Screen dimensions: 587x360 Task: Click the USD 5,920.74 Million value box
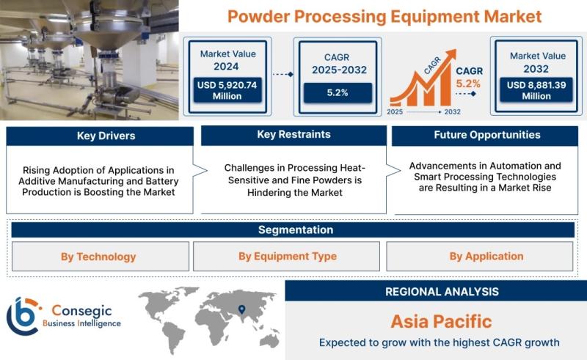[x=227, y=90]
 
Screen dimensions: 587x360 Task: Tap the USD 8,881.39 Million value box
[x=536, y=89]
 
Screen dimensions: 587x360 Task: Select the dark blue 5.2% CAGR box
[x=338, y=93]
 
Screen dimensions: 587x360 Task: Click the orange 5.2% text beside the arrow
[x=468, y=84]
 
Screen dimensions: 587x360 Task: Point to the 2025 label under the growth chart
[x=395, y=112]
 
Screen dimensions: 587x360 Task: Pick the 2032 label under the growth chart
[x=452, y=112]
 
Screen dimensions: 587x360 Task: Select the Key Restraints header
[x=294, y=135]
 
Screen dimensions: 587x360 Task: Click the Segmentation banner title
[x=296, y=229]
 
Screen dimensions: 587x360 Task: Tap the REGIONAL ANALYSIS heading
[x=442, y=292]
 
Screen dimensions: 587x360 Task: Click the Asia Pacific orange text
[x=442, y=321]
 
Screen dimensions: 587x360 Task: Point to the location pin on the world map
[x=242, y=309]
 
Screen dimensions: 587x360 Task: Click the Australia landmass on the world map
[x=269, y=340]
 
